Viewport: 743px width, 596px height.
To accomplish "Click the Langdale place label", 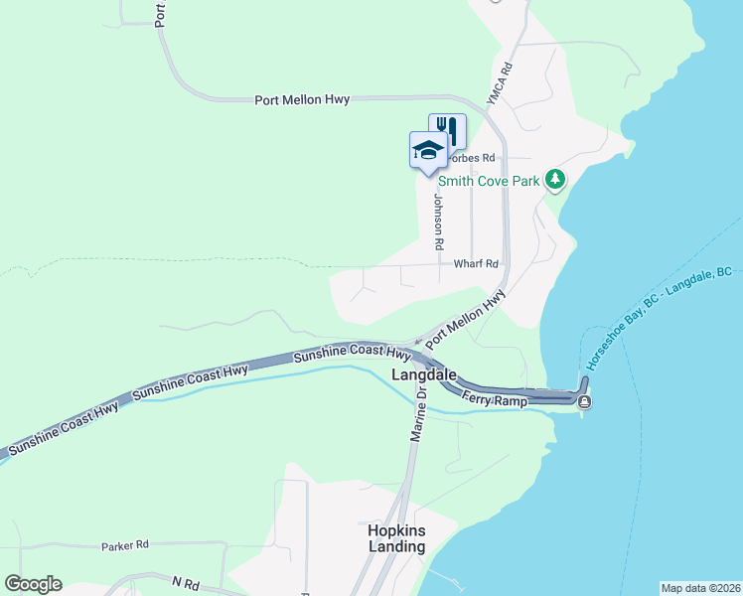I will tap(424, 375).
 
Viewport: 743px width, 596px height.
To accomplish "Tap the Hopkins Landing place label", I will tap(396, 538).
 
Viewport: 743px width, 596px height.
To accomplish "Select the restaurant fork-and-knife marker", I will tap(447, 130).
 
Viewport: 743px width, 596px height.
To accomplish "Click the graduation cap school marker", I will tap(428, 150).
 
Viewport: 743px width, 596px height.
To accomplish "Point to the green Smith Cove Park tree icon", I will tap(555, 180).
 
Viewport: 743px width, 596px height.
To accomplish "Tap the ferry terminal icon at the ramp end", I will tap(585, 401).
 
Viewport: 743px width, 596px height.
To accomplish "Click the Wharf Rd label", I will tap(475, 264).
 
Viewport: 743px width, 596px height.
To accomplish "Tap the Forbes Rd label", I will tap(471, 158).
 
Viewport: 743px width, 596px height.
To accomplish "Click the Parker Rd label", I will tap(124, 545).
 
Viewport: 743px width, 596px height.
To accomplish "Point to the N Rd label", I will tap(186, 581).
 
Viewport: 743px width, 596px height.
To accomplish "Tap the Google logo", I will tap(33, 584).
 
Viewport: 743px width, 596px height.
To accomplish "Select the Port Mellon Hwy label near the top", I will tap(302, 99).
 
